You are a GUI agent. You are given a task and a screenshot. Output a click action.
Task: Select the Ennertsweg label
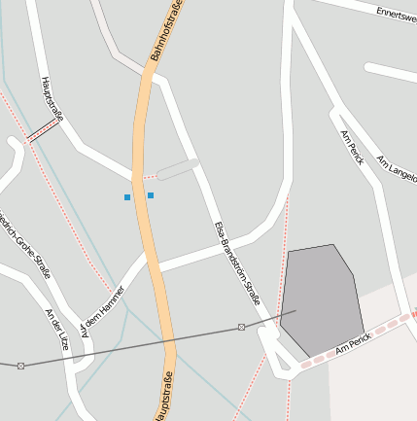point(396,14)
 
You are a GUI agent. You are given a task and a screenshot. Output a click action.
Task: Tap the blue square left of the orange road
point(127,197)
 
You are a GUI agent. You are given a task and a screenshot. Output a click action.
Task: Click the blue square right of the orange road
point(151,195)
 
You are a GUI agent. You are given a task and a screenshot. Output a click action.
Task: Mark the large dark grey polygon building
point(320,298)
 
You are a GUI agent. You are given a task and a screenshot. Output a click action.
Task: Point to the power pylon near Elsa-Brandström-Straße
point(241,327)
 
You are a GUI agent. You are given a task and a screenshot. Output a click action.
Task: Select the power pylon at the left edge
point(19,366)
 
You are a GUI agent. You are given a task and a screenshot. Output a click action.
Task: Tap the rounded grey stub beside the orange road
point(178,169)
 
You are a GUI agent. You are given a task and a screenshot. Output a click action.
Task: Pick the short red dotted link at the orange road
point(149,178)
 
